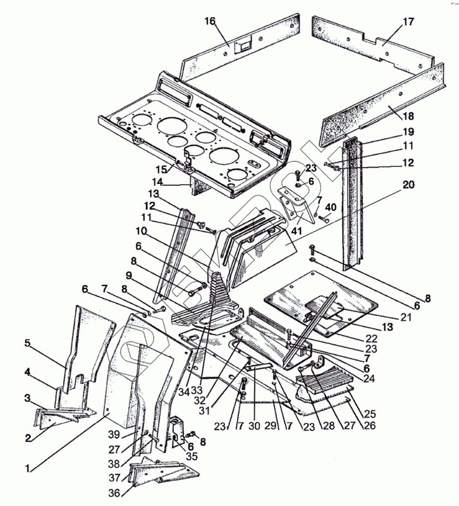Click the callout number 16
click(209, 22)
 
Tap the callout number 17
click(408, 22)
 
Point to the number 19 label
click(408, 132)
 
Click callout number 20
click(408, 186)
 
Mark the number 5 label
click(28, 343)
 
